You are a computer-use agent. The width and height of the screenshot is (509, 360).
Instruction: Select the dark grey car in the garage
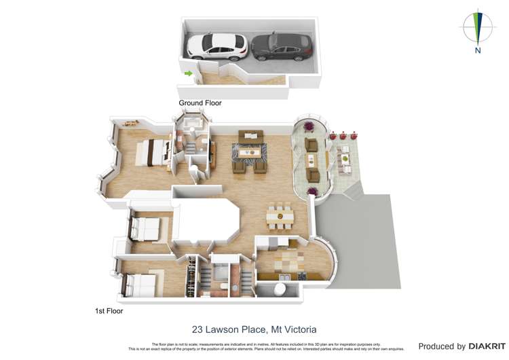(282, 46)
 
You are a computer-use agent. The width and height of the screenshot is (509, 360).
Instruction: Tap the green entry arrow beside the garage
(188, 73)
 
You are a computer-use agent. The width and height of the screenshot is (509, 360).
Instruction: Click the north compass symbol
(478, 27)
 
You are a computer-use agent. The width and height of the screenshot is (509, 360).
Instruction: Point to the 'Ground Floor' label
(200, 103)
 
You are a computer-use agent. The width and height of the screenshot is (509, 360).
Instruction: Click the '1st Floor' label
(109, 310)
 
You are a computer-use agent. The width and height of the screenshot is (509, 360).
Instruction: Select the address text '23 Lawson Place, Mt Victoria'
(254, 329)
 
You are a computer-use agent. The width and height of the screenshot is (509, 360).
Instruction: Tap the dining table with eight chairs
(280, 216)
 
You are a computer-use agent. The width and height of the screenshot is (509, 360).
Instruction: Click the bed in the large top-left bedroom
(155, 153)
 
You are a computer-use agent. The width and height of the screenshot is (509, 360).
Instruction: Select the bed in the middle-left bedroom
(145, 228)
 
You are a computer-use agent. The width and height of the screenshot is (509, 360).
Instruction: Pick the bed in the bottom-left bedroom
(140, 284)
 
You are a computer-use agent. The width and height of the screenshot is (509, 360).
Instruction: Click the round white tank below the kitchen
(278, 289)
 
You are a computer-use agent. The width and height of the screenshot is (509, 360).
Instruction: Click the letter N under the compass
(478, 50)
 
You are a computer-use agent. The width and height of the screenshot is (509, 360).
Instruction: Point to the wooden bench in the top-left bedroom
(130, 123)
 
